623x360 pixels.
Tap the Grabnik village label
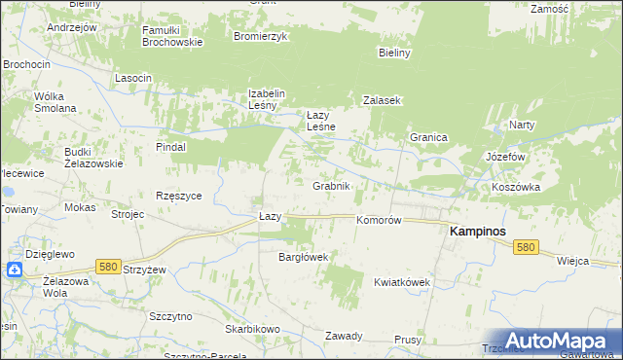click(x=331, y=185)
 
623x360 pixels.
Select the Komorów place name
click(x=379, y=221)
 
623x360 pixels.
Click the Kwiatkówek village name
click(x=402, y=282)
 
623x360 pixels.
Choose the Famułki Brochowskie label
click(x=171, y=37)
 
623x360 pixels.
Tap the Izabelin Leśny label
click(x=265, y=99)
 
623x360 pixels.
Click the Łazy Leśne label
click(x=321, y=121)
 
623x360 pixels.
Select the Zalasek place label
click(x=383, y=100)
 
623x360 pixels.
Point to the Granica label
click(x=427, y=138)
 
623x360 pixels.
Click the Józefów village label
click(x=505, y=157)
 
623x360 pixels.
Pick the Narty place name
click(x=522, y=126)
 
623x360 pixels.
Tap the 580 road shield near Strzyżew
click(x=108, y=266)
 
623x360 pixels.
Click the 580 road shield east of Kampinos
click(x=526, y=248)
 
